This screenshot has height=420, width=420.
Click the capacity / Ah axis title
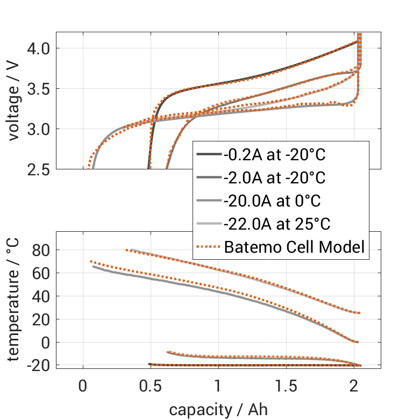click(218, 410)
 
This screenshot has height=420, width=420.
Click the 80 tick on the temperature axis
click(42, 250)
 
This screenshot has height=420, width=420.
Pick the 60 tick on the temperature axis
click(42, 273)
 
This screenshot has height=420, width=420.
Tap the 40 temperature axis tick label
click(42, 296)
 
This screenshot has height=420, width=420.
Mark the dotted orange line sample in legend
click(208, 247)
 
